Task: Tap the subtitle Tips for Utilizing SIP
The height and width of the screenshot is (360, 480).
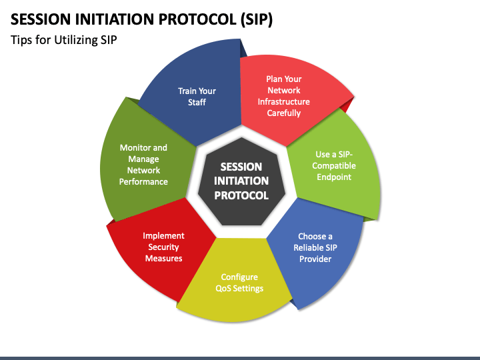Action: (x=64, y=40)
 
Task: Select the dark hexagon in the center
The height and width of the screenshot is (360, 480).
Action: (x=241, y=181)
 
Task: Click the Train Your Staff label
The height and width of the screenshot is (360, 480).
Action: (x=197, y=97)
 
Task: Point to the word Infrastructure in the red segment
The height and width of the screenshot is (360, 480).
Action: (x=284, y=101)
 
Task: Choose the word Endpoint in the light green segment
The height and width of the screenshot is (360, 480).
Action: (x=334, y=177)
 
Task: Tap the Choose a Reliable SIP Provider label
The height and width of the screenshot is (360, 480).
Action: (x=315, y=247)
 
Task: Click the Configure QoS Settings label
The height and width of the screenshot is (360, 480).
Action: (x=239, y=283)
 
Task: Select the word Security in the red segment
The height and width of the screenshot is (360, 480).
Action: (x=163, y=247)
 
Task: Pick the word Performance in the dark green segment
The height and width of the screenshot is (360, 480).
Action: (x=143, y=181)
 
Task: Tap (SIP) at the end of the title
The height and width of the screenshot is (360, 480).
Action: (x=256, y=19)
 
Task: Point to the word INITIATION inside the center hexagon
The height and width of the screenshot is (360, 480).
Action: (x=241, y=181)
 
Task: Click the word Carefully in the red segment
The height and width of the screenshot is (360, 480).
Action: (x=284, y=113)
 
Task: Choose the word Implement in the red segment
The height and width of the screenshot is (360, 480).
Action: (x=163, y=236)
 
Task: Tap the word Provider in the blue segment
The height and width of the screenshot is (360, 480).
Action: (x=315, y=259)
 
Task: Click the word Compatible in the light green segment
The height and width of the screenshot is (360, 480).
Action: (x=334, y=165)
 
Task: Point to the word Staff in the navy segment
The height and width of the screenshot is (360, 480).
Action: (x=197, y=102)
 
